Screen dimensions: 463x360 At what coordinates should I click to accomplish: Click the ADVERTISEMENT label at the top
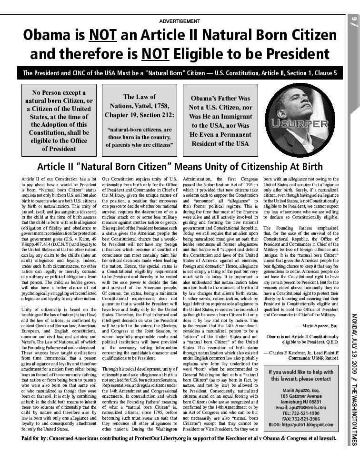180,21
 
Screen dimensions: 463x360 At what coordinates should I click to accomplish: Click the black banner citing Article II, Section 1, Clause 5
180,73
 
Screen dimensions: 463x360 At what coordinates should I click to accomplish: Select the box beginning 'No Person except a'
59,120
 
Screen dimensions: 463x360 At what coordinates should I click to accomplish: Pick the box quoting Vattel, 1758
139,120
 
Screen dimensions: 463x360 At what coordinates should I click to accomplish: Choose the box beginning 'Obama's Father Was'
220,120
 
